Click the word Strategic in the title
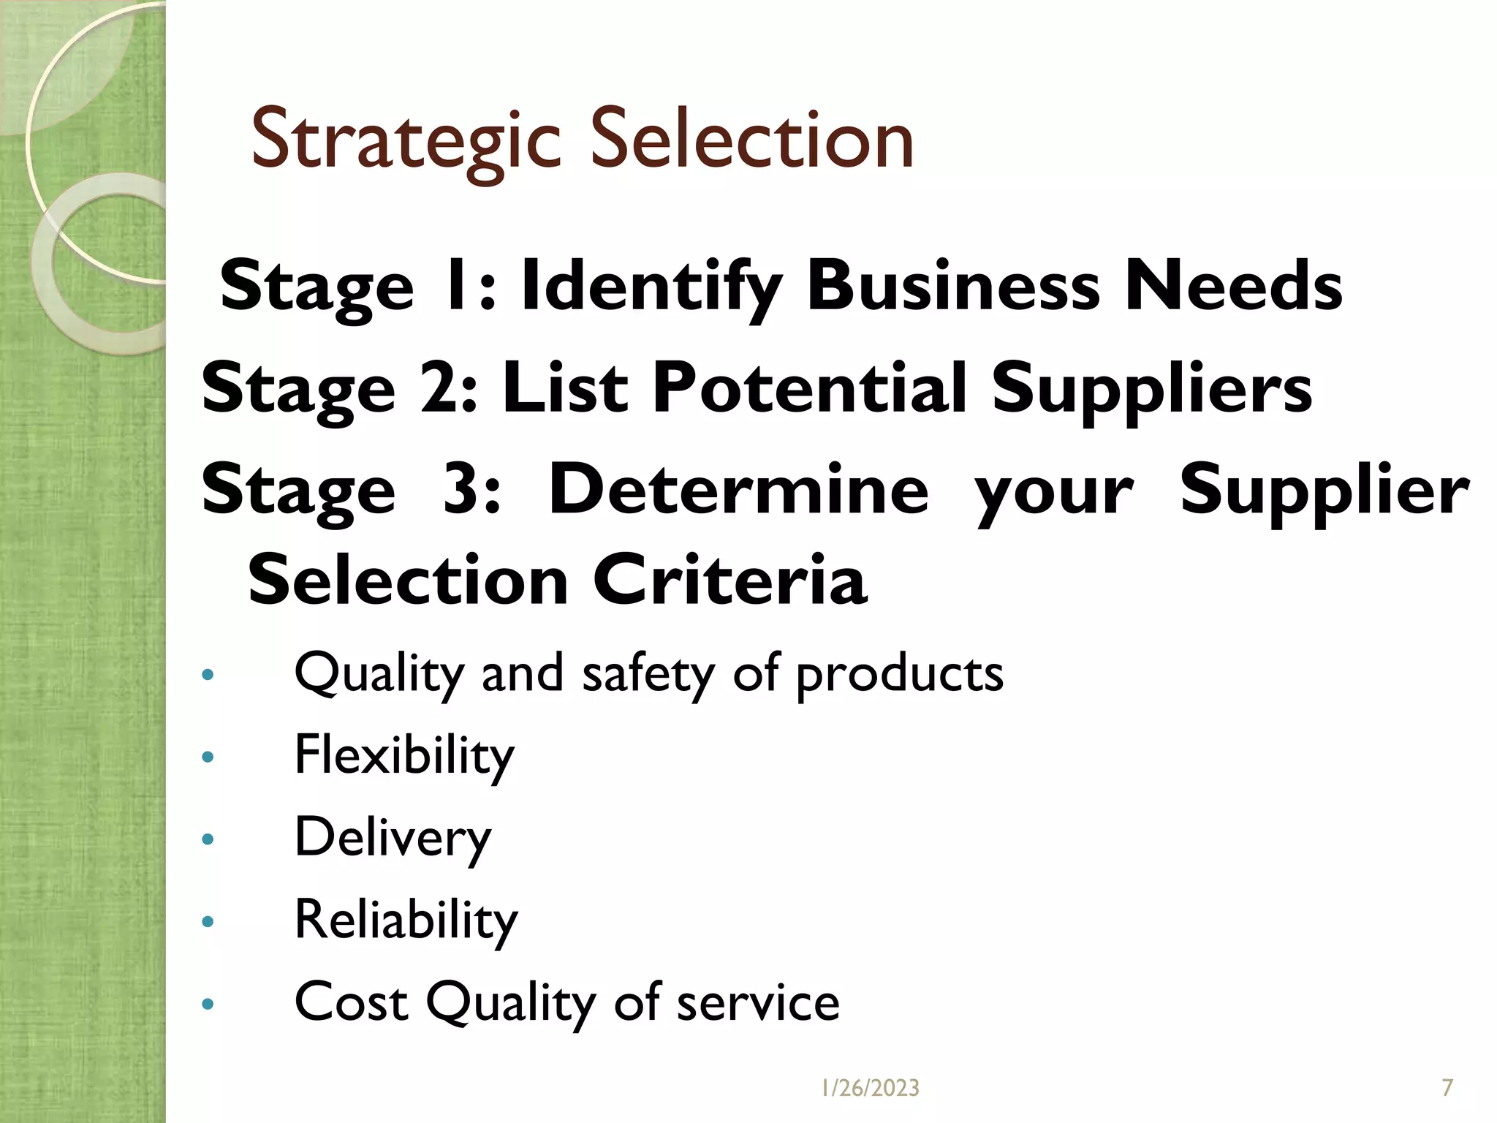(406, 140)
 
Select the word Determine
(738, 489)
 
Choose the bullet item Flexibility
(404, 756)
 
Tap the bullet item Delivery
(393, 838)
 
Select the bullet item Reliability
(406, 920)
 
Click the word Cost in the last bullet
(351, 1002)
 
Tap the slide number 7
(1447, 1088)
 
